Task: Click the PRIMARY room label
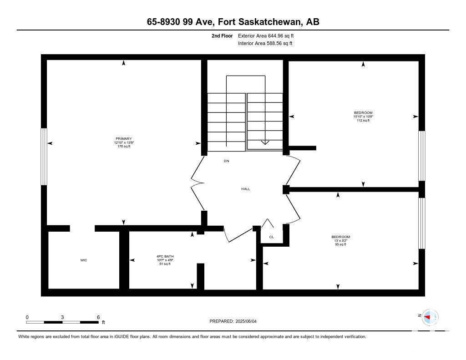pyautogui.click(x=124, y=138)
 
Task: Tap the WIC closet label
pyautogui.click(x=84, y=260)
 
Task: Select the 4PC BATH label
pyautogui.click(x=165, y=256)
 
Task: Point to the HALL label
pyautogui.click(x=245, y=189)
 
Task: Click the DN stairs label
pyautogui.click(x=227, y=161)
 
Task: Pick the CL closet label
pyautogui.click(x=271, y=237)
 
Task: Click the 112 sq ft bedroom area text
pyautogui.click(x=363, y=121)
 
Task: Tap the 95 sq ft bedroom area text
pyautogui.click(x=340, y=244)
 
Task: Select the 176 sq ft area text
pyautogui.click(x=124, y=146)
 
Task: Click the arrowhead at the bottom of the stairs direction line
pyautogui.click(x=265, y=142)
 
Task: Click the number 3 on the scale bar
pyautogui.click(x=62, y=317)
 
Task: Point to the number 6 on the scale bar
pyautogui.click(x=98, y=317)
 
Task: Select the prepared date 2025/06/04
pyautogui.click(x=246, y=321)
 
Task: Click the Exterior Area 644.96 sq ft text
pyautogui.click(x=266, y=35)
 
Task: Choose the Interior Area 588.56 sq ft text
pyautogui.click(x=265, y=43)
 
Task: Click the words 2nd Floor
pyautogui.click(x=222, y=35)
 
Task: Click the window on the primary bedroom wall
pyautogui.click(x=44, y=157)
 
